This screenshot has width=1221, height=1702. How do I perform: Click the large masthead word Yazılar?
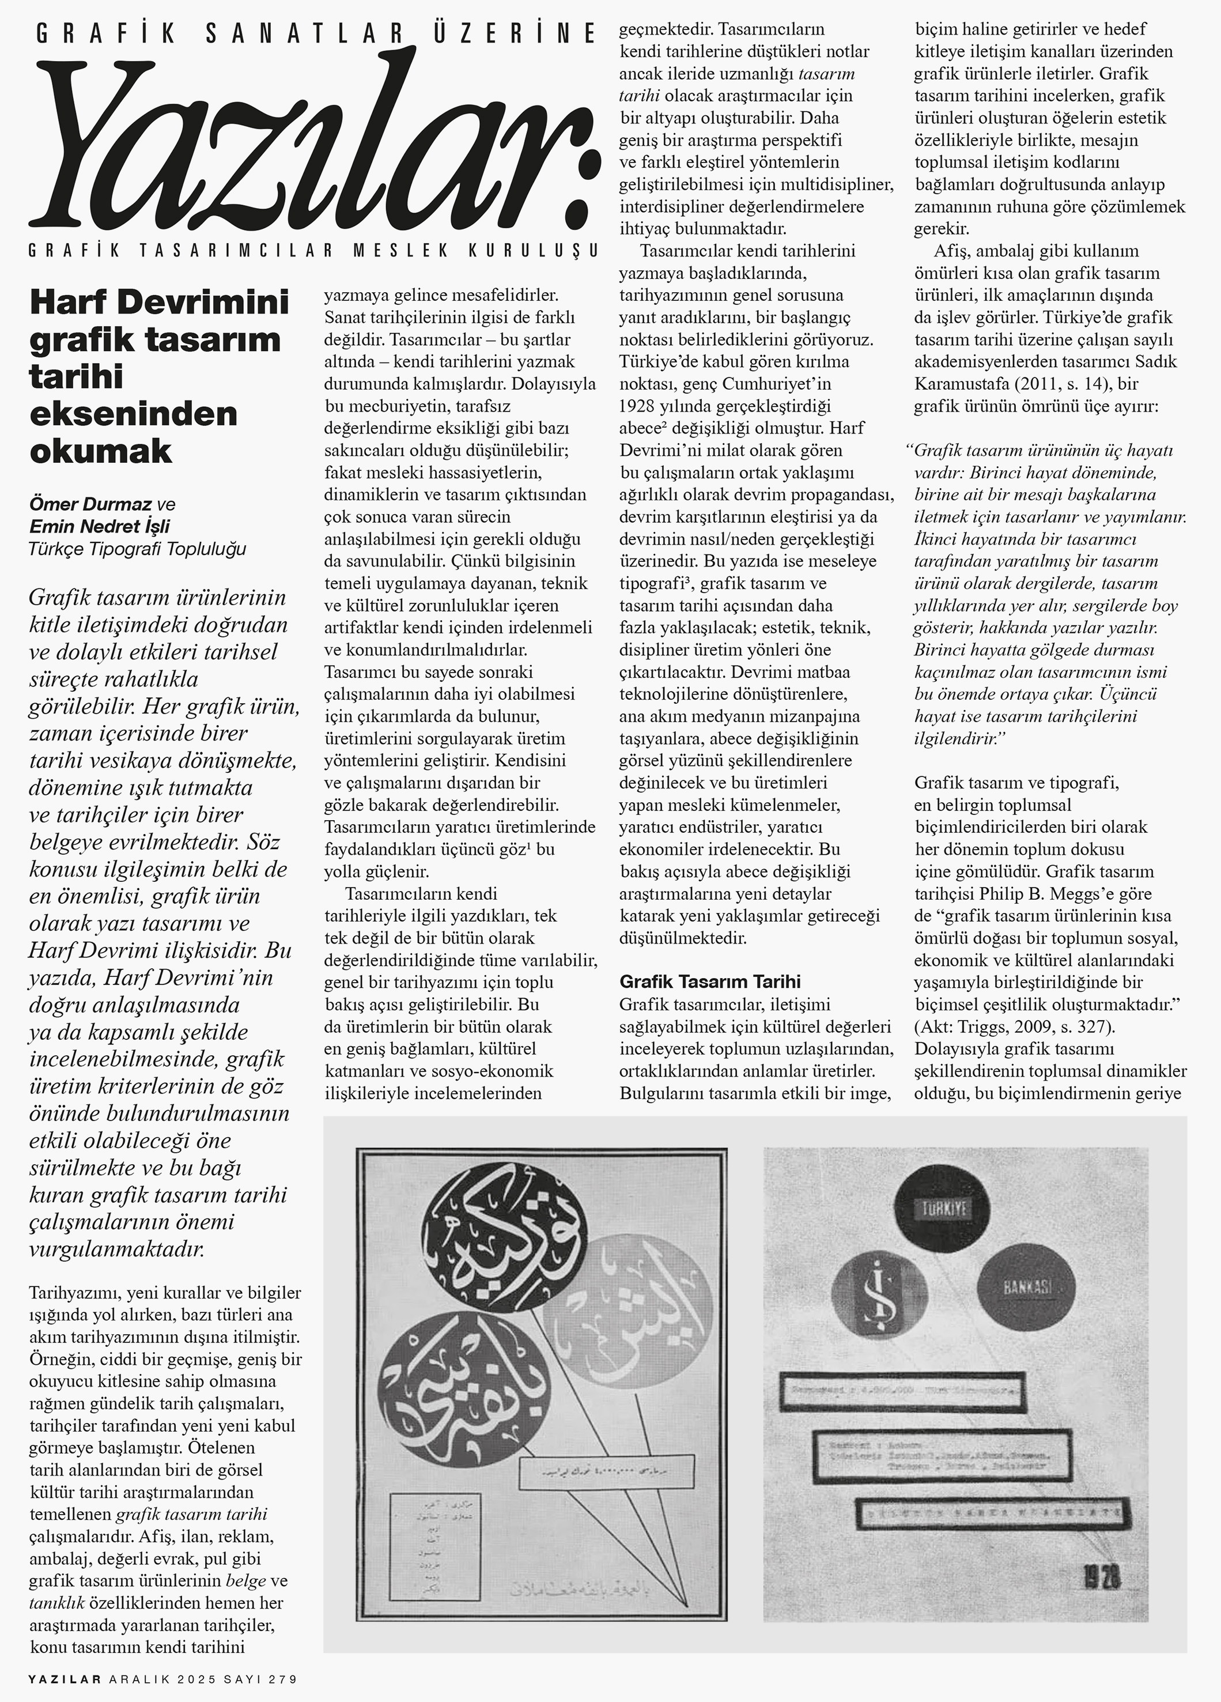(x=308, y=142)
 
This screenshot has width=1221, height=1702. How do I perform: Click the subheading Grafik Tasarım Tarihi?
(x=710, y=982)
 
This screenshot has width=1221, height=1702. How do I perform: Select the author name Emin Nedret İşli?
(x=99, y=527)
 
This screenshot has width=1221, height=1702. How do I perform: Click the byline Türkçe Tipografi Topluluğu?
(x=137, y=549)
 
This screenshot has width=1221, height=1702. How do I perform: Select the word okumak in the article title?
(x=101, y=451)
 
